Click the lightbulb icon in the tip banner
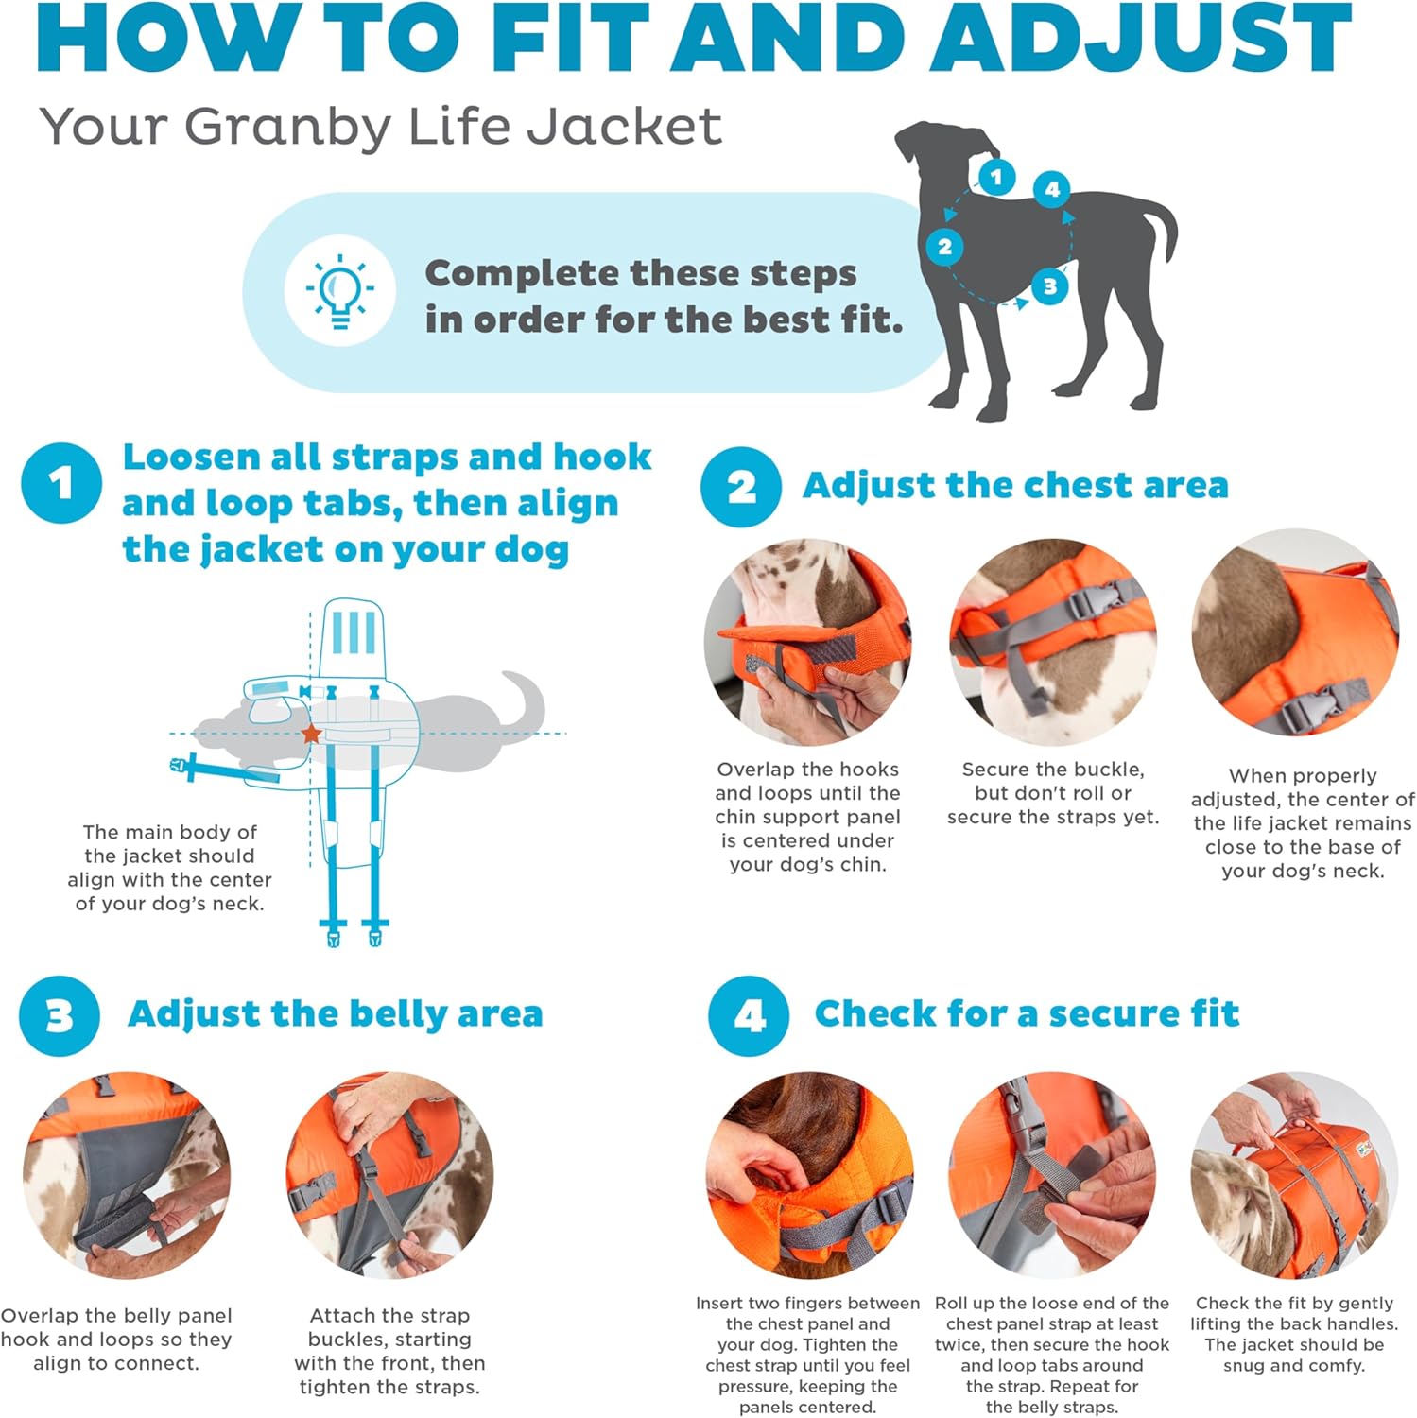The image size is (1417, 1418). click(339, 291)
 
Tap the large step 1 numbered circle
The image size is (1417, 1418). click(61, 483)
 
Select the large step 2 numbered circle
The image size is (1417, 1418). click(740, 487)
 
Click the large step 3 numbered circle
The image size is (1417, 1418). click(59, 1016)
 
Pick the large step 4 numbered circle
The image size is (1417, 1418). click(748, 1016)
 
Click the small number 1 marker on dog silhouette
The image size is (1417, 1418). click(995, 177)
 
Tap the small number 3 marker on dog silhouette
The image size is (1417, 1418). click(1049, 285)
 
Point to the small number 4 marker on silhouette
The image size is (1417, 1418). click(1052, 189)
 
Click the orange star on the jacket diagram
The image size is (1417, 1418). click(311, 734)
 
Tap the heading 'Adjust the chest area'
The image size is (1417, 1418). click(1014, 486)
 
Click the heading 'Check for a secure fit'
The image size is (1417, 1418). click(1026, 1013)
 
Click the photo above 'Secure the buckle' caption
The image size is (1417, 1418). click(1052, 642)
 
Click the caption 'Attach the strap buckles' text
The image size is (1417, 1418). click(389, 1351)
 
